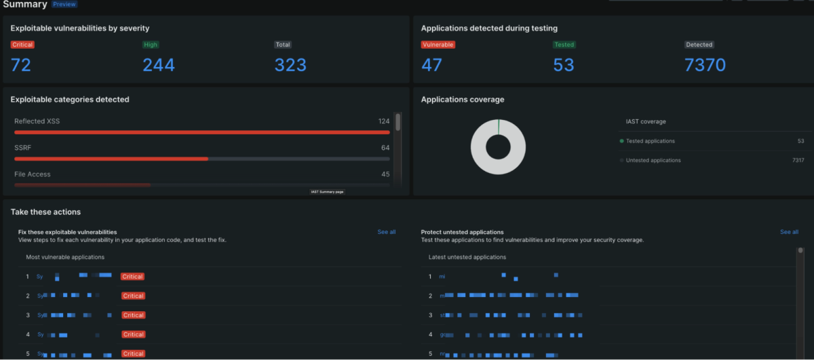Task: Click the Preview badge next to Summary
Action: tap(64, 4)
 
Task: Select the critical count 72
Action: tap(21, 65)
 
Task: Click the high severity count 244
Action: tap(159, 65)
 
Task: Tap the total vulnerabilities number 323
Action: tap(290, 65)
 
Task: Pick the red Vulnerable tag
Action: tap(438, 45)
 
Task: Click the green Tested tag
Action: tap(564, 45)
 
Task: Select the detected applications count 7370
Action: tap(705, 65)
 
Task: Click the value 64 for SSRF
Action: tap(385, 148)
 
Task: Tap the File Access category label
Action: tap(33, 174)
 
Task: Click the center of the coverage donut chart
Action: tap(498, 147)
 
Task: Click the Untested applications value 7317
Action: tap(798, 161)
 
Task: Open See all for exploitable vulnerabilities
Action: tap(387, 232)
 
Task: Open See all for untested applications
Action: tap(789, 232)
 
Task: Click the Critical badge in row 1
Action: tap(133, 277)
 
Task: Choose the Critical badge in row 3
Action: tap(133, 315)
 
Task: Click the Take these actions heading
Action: tap(45, 212)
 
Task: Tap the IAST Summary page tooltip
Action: tap(328, 192)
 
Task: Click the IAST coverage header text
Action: tap(646, 122)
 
